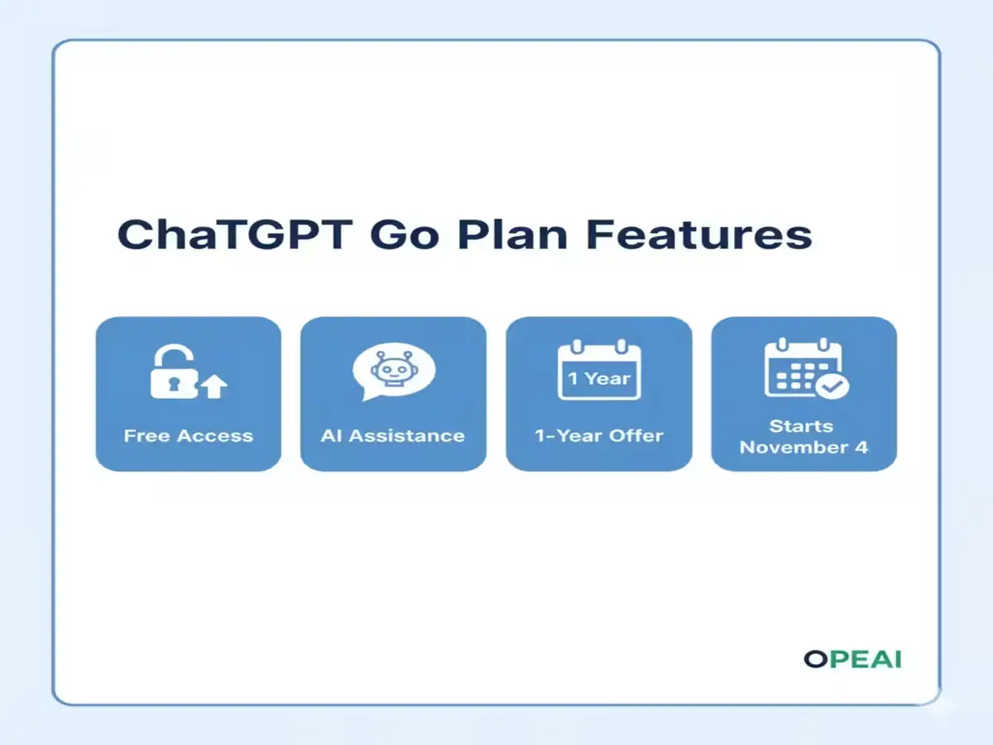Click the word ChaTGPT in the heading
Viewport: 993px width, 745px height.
click(x=233, y=234)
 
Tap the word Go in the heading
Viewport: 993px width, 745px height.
click(x=404, y=236)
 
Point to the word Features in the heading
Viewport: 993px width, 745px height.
click(x=699, y=234)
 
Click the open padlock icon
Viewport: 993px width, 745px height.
click(x=174, y=372)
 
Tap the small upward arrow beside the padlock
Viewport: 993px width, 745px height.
click(x=215, y=386)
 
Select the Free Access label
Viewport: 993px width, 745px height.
click(x=189, y=435)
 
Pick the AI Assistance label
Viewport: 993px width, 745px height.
click(x=393, y=435)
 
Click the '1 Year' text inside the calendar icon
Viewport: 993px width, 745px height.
click(x=599, y=378)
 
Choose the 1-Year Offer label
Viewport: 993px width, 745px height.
click(x=599, y=435)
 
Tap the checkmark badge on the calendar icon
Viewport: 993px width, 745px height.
click(x=831, y=385)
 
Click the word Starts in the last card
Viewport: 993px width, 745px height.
click(x=801, y=426)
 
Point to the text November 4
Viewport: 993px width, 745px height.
click(x=804, y=448)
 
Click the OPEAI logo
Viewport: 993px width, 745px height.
click(x=852, y=659)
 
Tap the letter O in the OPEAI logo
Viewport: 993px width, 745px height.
click(x=815, y=659)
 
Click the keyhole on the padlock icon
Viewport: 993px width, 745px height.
click(x=172, y=383)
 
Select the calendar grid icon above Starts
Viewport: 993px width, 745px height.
click(x=801, y=369)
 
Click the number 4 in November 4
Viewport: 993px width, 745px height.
click(x=861, y=448)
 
